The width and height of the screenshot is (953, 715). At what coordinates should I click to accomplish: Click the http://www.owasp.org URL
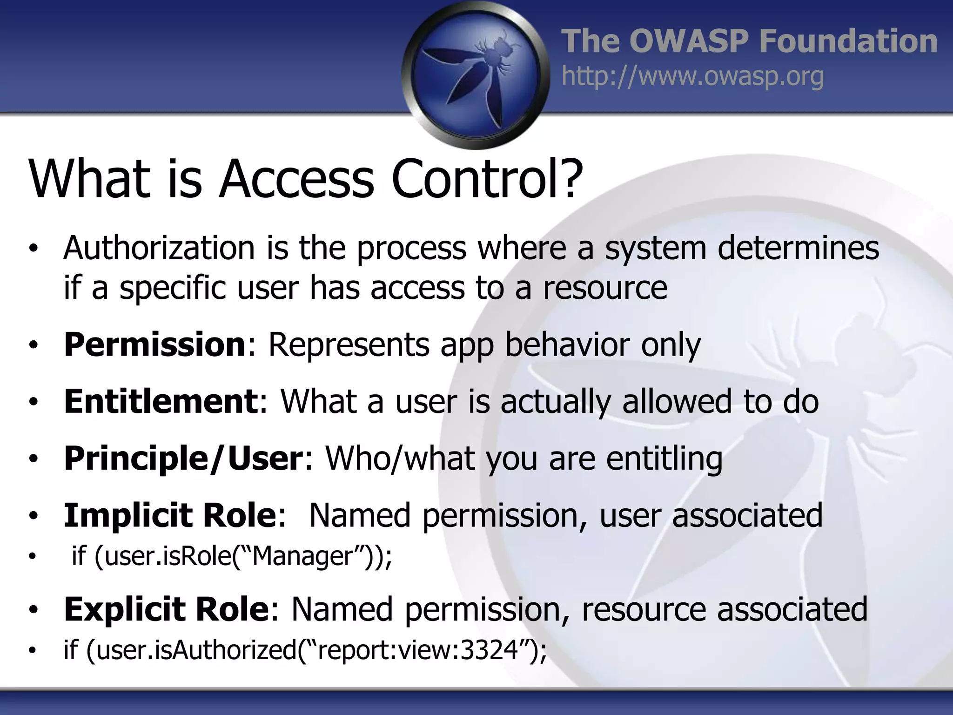[692, 76]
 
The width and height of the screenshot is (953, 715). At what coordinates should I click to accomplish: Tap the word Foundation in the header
[848, 41]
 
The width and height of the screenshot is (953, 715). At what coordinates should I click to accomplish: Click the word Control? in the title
[487, 179]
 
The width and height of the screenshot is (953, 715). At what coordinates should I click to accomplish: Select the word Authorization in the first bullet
[159, 248]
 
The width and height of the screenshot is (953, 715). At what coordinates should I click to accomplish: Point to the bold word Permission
[154, 345]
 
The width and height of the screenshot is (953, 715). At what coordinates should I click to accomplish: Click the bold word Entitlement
[161, 402]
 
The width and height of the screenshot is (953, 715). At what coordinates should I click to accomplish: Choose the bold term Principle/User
[183, 459]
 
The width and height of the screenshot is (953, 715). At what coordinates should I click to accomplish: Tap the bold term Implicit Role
[170, 515]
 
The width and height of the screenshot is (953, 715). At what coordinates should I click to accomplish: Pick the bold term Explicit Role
[166, 609]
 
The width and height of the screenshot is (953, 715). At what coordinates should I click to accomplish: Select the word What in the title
[89, 179]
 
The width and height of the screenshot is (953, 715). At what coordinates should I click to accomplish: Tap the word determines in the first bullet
[798, 248]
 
